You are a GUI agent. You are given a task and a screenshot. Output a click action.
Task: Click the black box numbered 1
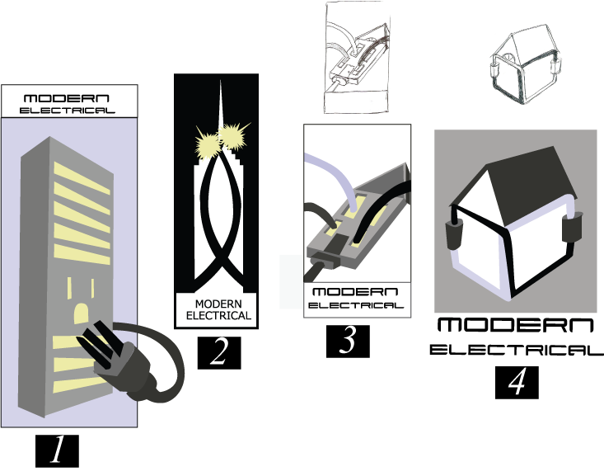(x=57, y=451)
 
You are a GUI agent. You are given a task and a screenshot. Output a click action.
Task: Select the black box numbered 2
(x=219, y=352)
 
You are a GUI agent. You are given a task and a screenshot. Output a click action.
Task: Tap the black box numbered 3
(x=348, y=341)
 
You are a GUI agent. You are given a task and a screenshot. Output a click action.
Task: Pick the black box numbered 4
(x=517, y=382)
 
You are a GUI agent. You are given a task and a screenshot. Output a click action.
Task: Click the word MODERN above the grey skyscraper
(x=67, y=98)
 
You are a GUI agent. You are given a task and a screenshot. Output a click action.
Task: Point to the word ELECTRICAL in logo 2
(x=218, y=315)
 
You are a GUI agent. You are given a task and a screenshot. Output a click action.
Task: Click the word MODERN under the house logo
(x=515, y=325)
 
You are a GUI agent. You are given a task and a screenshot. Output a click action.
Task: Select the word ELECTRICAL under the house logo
(x=516, y=350)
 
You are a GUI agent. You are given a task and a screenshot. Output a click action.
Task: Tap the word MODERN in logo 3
(x=355, y=292)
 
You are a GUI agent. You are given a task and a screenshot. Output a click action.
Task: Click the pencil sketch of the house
(x=525, y=64)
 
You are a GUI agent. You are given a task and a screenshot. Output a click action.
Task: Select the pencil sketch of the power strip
(x=356, y=57)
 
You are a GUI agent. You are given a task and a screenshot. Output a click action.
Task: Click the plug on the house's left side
(x=454, y=234)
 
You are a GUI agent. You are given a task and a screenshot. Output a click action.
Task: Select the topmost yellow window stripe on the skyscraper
(x=82, y=178)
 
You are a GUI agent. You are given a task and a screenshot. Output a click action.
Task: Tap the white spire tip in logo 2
(x=221, y=81)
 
